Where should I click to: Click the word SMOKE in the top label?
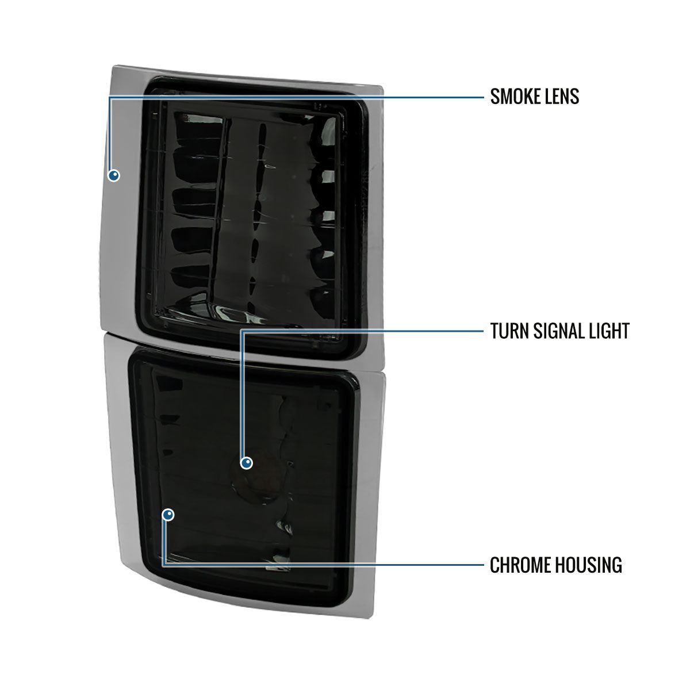pyautogui.click(x=516, y=97)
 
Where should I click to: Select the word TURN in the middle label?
pyautogui.click(x=509, y=331)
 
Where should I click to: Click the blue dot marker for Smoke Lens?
pyautogui.click(x=114, y=175)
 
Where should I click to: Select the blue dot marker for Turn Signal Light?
pyautogui.click(x=246, y=463)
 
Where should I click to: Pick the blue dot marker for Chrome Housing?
pyautogui.click(x=168, y=515)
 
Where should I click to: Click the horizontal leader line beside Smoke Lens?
pyautogui.click(x=297, y=97)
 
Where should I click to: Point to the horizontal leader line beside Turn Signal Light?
pyautogui.click(x=362, y=331)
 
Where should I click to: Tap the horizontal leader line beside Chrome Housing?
pyautogui.click(x=323, y=565)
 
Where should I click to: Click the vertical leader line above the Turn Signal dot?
pyautogui.click(x=242, y=394)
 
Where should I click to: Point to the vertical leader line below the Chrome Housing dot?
pyautogui.click(x=164, y=542)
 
